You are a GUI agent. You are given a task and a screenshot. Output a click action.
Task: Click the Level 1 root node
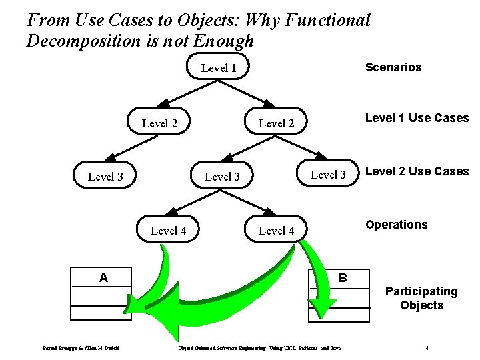tap(219, 67)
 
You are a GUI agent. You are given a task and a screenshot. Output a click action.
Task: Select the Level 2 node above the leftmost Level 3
tap(159, 123)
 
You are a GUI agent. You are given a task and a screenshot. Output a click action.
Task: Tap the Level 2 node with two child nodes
tap(276, 123)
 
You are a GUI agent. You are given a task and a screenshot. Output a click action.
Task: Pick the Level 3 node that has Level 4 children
tap(222, 177)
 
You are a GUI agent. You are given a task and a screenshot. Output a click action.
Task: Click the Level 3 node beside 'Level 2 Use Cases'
tap(328, 175)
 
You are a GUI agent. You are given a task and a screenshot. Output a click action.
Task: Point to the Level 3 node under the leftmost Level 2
tap(105, 177)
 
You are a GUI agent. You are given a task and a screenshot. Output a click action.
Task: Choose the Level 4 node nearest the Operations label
tap(276, 231)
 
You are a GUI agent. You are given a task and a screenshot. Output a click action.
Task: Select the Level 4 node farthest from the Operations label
tap(168, 231)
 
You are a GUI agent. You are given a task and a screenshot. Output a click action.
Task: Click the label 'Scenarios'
tap(393, 67)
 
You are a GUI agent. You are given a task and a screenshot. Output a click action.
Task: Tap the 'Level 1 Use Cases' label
tap(417, 118)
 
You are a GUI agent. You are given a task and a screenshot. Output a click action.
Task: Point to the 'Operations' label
tap(396, 225)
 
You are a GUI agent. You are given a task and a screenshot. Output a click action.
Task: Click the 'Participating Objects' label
tap(421, 298)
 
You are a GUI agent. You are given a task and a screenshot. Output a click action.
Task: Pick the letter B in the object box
tap(343, 277)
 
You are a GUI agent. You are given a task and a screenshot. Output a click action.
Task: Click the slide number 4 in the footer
tap(427, 347)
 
